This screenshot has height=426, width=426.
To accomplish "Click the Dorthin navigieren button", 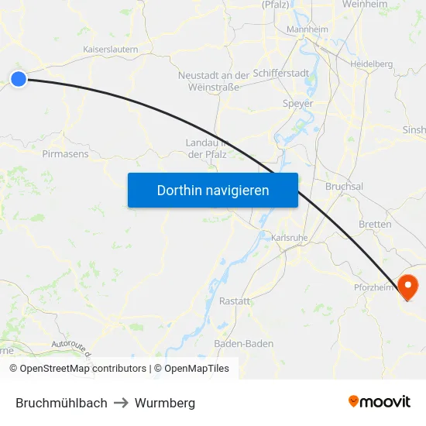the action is pyautogui.click(x=213, y=190).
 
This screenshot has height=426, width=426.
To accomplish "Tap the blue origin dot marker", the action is pyautogui.click(x=19, y=77).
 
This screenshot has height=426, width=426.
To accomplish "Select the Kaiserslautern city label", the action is pyautogui.click(x=111, y=50).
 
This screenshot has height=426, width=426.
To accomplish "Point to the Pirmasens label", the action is pyautogui.click(x=65, y=153).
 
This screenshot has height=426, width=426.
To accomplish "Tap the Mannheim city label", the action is pyautogui.click(x=307, y=29).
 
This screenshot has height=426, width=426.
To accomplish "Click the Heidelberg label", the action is pyautogui.click(x=371, y=64).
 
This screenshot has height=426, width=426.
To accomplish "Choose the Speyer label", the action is pyautogui.click(x=298, y=103).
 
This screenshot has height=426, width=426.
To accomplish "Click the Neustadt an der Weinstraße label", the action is pyautogui.click(x=214, y=81).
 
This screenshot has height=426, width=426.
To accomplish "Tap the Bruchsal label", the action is pyautogui.click(x=345, y=187).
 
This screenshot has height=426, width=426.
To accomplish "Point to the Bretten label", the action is pyautogui.click(x=375, y=224).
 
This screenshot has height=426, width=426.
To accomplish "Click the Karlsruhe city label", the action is pyautogui.click(x=290, y=236).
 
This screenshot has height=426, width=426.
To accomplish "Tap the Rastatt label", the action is pyautogui.click(x=235, y=301).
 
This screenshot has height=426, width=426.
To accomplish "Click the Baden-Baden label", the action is pyautogui.click(x=244, y=343).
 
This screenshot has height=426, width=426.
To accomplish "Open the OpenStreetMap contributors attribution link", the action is pyautogui.click(x=83, y=369).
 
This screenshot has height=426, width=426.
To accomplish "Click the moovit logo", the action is pyautogui.click(x=379, y=402).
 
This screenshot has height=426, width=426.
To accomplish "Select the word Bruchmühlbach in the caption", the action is pyautogui.click(x=61, y=403).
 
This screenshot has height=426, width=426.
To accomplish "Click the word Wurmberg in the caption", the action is pyautogui.click(x=165, y=403).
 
